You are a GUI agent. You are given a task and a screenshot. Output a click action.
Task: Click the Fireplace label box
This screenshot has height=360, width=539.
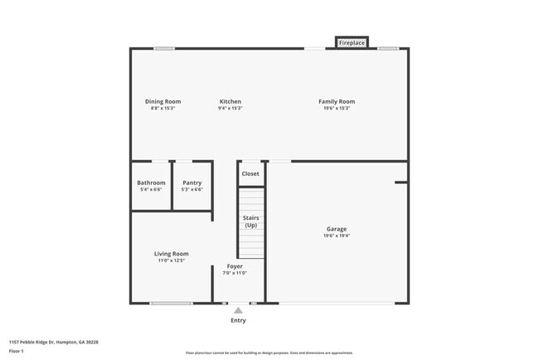(352, 42)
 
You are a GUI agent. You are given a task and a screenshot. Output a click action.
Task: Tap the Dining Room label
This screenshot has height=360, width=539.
(163, 101)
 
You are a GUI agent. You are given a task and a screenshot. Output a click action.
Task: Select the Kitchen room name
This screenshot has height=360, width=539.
(230, 101)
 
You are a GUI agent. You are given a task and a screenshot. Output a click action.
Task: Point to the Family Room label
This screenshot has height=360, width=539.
(336, 101)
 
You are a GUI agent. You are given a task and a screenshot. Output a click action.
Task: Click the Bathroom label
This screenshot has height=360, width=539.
(151, 182)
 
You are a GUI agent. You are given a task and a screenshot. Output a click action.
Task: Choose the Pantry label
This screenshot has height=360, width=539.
(192, 182)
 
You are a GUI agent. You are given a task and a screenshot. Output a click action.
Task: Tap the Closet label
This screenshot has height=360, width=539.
(250, 173)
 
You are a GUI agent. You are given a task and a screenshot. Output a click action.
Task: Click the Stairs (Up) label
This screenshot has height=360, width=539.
(250, 221)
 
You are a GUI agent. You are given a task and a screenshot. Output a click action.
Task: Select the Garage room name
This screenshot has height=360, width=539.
(336, 229)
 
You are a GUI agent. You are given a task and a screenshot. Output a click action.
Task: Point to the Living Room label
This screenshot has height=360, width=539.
(171, 254)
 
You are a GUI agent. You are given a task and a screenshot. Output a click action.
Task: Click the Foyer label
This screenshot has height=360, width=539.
(235, 266)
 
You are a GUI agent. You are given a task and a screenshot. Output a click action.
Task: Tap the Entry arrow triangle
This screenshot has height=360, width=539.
(238, 310)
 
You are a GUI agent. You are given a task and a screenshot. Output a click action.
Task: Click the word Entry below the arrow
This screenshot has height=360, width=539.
(238, 320)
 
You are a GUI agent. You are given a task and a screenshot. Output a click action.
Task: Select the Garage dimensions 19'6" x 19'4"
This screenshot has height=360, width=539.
(336, 236)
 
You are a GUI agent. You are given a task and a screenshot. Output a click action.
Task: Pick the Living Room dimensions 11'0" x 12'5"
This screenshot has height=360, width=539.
(171, 260)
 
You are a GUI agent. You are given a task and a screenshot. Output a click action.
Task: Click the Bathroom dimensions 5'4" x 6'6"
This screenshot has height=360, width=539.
(151, 189)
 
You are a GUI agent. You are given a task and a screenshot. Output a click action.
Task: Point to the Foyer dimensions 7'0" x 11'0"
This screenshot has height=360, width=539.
(235, 273)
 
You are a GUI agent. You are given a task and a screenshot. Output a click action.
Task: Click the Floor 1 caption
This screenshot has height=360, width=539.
(16, 351)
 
